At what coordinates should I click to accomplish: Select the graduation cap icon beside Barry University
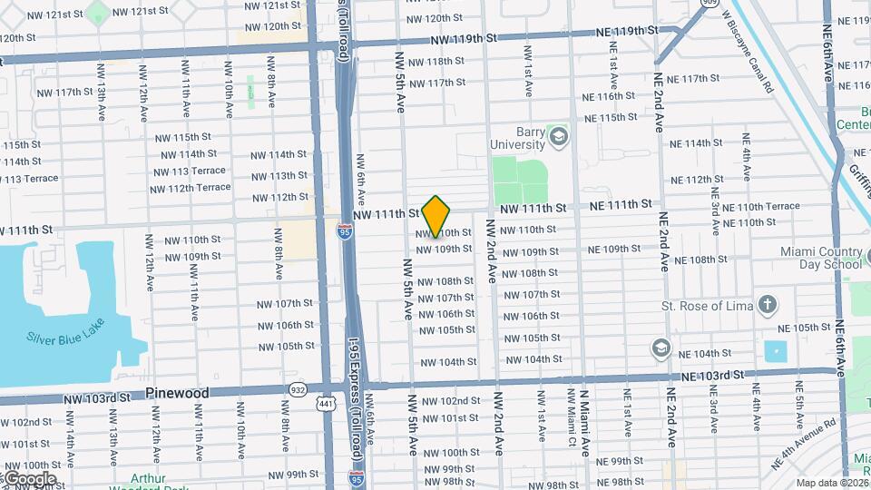pyautogui.click(x=559, y=138)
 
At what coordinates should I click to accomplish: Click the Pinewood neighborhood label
pyautogui.click(x=177, y=393)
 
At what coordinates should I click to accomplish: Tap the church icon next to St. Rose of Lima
pyautogui.click(x=768, y=305)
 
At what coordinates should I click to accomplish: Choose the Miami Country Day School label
pyautogui.click(x=820, y=258)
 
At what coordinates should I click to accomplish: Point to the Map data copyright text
pyautogui.click(x=830, y=483)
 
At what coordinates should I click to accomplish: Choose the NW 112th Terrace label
pyautogui.click(x=191, y=188)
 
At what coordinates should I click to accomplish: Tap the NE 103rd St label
pyautogui.click(x=713, y=374)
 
